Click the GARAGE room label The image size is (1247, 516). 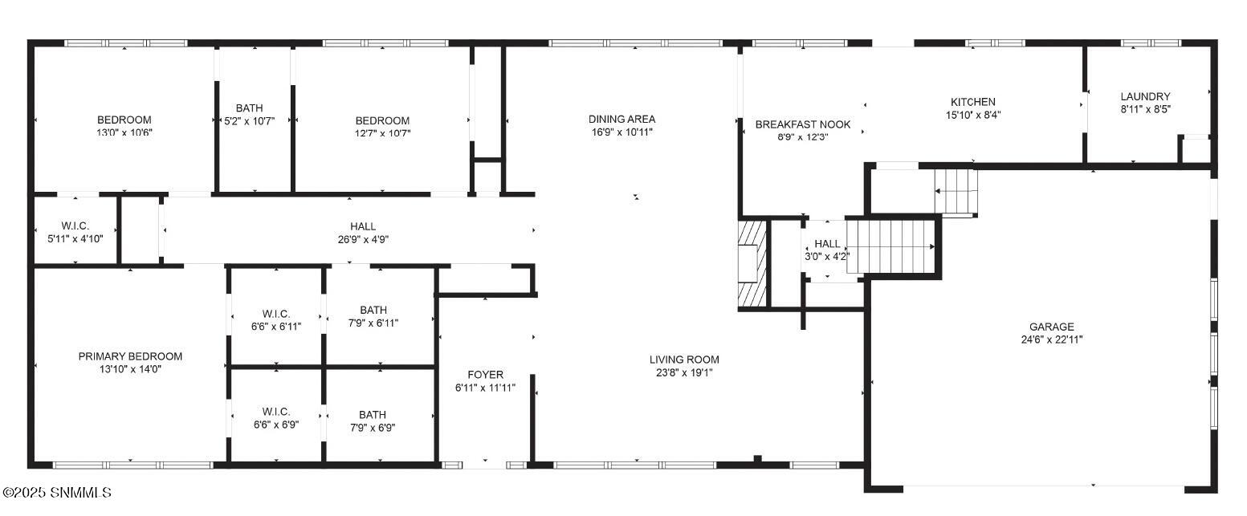point(1052,327)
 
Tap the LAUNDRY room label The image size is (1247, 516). point(1145,96)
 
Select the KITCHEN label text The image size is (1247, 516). point(972,102)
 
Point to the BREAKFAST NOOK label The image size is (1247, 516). point(802,124)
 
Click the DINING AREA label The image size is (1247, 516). point(621,119)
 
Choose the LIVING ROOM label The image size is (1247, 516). point(684,360)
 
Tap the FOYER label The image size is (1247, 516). point(485,375)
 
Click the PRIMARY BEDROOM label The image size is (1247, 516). point(130,356)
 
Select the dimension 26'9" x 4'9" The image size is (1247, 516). point(362,239)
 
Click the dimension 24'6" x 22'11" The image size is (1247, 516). point(1052,339)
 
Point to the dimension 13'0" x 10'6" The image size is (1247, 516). point(124,133)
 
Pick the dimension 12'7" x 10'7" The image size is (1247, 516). point(382,133)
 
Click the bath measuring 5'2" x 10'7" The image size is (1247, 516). point(249,115)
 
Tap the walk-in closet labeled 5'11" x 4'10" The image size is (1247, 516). point(75,232)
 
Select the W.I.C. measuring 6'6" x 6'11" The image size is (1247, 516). point(275,319)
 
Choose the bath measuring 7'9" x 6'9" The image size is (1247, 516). point(372,421)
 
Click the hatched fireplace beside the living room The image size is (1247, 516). point(752,264)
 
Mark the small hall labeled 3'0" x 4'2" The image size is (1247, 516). point(826,250)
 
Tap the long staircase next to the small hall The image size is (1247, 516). point(892,246)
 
